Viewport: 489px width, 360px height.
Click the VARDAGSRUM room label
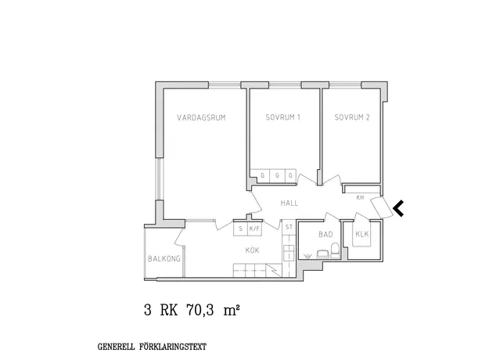pos(201,117)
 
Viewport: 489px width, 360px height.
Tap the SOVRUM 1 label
pos(283,117)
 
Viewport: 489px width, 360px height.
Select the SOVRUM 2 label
pos(352,117)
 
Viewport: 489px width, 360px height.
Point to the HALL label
pos(289,203)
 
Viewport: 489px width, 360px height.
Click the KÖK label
pos(252,250)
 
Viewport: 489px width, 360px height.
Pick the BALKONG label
pos(164,258)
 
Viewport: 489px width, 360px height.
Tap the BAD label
pos(325,234)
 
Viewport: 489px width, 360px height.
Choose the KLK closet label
pos(361,234)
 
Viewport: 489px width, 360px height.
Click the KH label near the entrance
pos(360,197)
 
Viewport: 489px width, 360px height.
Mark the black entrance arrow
pos(399,208)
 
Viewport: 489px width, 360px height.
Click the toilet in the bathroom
pos(335,250)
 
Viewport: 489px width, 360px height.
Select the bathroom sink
pos(323,254)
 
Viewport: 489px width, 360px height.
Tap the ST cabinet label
pos(289,227)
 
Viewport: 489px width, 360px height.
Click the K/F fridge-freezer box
pos(254,229)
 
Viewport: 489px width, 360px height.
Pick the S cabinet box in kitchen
pos(240,229)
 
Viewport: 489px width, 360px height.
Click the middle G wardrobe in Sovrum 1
pos(277,175)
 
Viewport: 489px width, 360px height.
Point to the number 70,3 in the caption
pos(200,311)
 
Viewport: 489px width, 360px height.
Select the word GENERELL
pos(117,347)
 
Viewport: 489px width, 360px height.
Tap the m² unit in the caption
pos(232,311)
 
